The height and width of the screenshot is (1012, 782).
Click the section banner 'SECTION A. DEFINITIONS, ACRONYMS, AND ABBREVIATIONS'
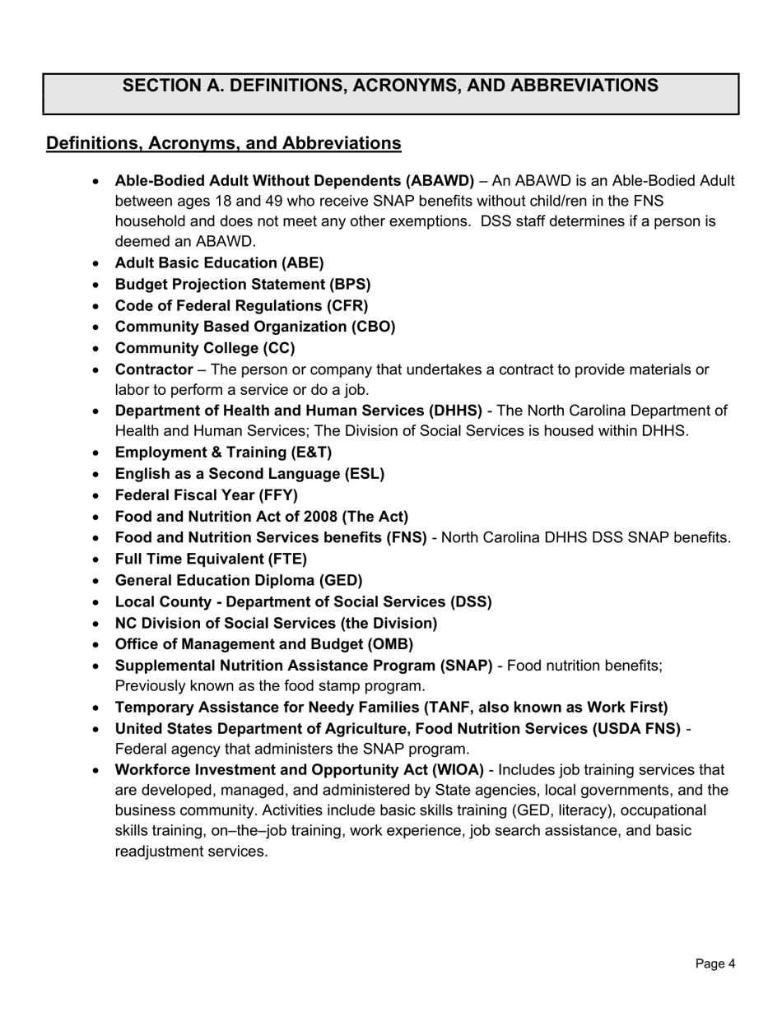[390, 86]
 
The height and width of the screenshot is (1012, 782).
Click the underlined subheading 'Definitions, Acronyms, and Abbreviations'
[224, 143]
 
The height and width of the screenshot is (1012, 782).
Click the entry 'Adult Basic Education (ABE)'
[219, 263]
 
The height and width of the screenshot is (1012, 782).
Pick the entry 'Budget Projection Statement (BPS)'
[243, 285]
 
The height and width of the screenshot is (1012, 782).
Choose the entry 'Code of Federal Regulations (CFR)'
[241, 306]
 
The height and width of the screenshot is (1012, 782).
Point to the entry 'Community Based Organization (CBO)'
[255, 327]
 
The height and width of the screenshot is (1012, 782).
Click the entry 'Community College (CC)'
[205, 348]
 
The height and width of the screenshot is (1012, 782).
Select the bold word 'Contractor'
[154, 369]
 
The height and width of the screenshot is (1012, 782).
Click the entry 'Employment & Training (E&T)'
[223, 453]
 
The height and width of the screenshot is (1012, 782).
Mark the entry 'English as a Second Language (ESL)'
[249, 474]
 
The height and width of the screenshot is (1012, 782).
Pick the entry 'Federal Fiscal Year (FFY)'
[207, 495]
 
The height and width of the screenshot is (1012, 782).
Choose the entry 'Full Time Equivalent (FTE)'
[211, 559]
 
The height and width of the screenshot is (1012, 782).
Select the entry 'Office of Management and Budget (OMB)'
[264, 644]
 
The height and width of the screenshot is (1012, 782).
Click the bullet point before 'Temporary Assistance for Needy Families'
[97, 708]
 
